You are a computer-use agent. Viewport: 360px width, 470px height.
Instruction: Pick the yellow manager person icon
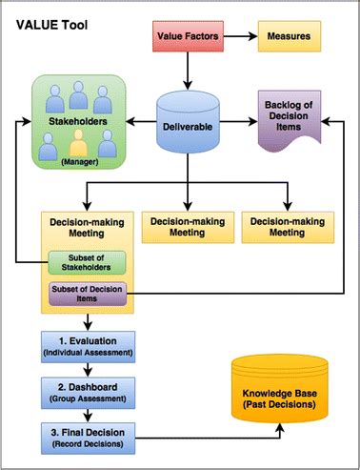tap(79, 145)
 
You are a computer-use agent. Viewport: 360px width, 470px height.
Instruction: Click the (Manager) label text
tap(79, 163)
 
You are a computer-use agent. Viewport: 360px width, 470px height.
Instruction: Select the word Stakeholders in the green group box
tap(79, 122)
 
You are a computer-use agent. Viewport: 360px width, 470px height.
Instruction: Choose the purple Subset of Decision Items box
tap(87, 295)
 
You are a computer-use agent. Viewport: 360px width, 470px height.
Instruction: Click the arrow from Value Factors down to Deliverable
tap(188, 69)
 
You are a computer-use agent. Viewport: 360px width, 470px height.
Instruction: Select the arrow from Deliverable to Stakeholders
tap(141, 122)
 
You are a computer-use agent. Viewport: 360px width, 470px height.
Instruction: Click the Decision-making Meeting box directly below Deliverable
tap(187, 226)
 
